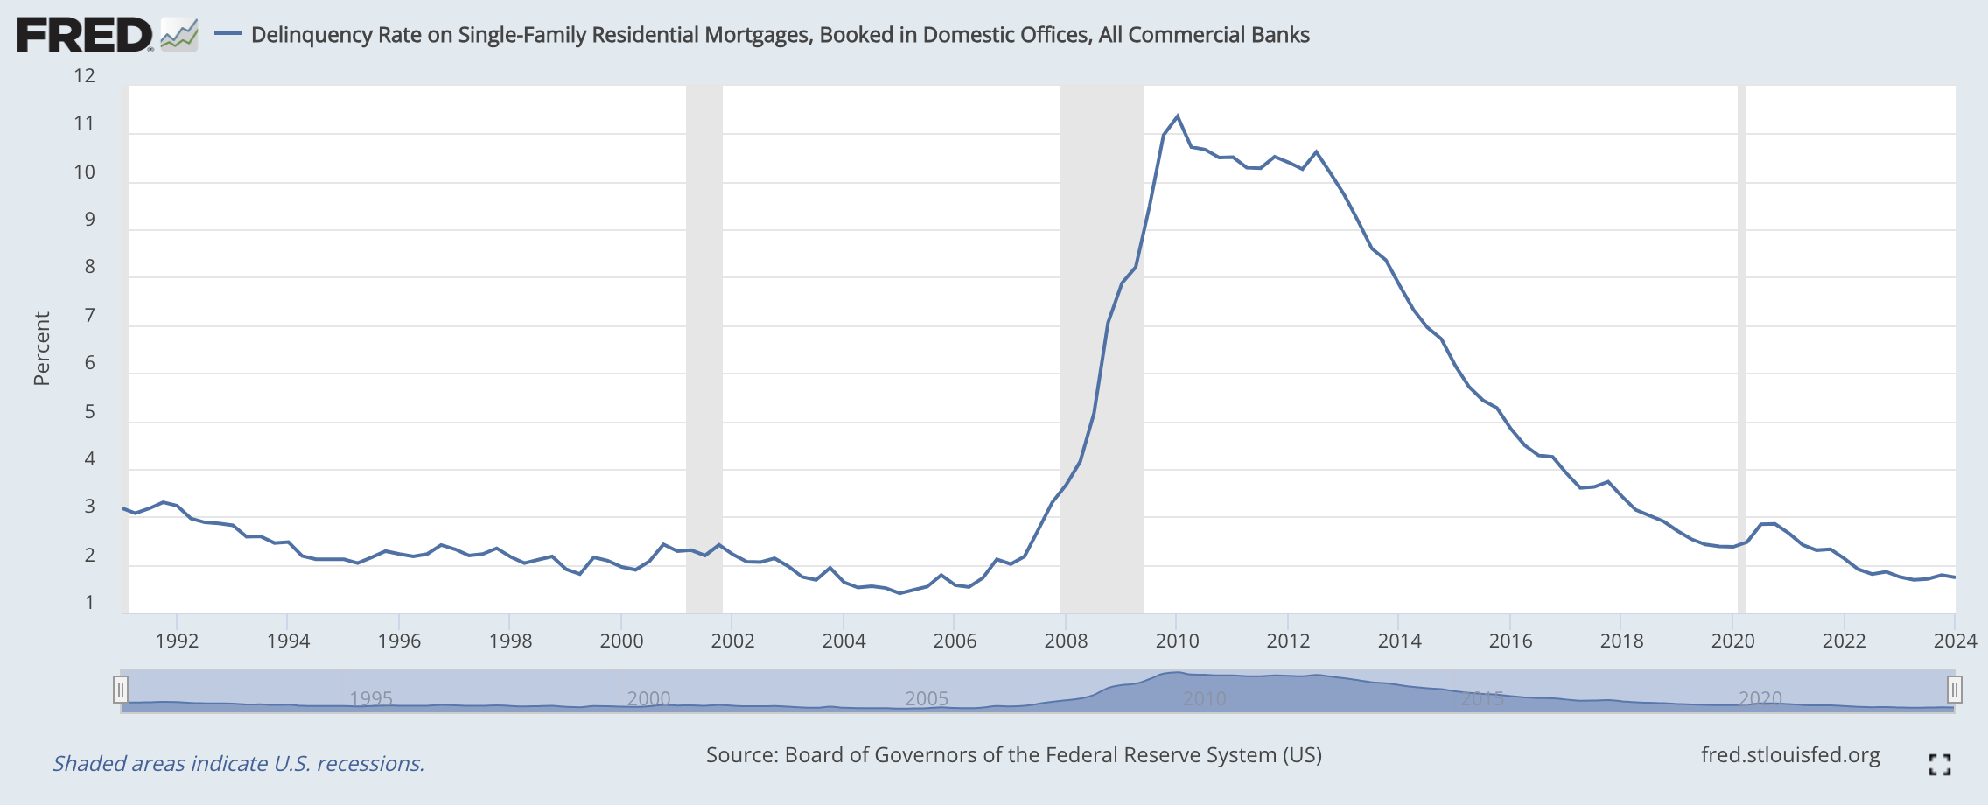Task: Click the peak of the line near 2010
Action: [1177, 115]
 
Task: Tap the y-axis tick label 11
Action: [84, 123]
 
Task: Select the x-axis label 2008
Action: [1066, 640]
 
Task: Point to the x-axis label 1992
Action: [177, 640]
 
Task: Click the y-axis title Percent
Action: [41, 348]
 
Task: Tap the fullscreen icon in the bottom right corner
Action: [1940, 764]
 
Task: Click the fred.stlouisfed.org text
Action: [1790, 755]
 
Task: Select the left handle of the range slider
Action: [121, 689]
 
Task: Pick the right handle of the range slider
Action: [1954, 689]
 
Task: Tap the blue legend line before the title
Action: [228, 34]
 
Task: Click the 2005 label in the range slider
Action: [927, 698]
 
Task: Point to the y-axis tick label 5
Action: [89, 411]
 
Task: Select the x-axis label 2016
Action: [1510, 640]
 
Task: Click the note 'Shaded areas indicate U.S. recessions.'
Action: [238, 763]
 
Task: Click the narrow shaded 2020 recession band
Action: [1741, 350]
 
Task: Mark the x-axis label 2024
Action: [1955, 640]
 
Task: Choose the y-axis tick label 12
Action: [84, 76]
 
